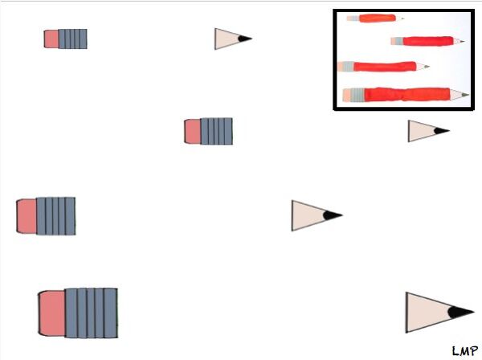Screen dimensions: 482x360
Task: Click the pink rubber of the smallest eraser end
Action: click(51, 39)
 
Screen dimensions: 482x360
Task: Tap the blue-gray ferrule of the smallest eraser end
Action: click(72, 39)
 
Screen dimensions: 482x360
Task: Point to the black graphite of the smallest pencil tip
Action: click(245, 39)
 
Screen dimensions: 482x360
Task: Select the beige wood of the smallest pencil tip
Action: click(227, 39)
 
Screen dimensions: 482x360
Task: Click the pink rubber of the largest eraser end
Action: click(52, 313)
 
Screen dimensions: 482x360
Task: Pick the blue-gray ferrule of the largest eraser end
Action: click(92, 313)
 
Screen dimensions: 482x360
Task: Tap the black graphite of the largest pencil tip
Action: click(460, 312)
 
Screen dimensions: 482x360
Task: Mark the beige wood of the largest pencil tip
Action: click(427, 313)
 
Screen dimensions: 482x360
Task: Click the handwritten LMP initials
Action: click(465, 351)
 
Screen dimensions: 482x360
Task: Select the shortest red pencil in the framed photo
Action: click(375, 18)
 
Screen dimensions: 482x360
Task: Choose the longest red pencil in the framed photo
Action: click(406, 94)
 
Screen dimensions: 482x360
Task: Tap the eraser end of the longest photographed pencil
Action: click(353, 95)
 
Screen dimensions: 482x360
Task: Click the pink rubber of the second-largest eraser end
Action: click(27, 216)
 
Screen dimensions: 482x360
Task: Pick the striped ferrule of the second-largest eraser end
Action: click(55, 216)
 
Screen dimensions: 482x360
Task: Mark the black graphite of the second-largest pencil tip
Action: click(333, 215)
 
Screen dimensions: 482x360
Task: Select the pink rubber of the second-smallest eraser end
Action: click(193, 131)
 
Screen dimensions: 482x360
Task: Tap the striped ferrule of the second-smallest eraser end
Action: click(216, 131)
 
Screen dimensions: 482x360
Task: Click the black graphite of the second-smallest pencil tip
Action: click(441, 131)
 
